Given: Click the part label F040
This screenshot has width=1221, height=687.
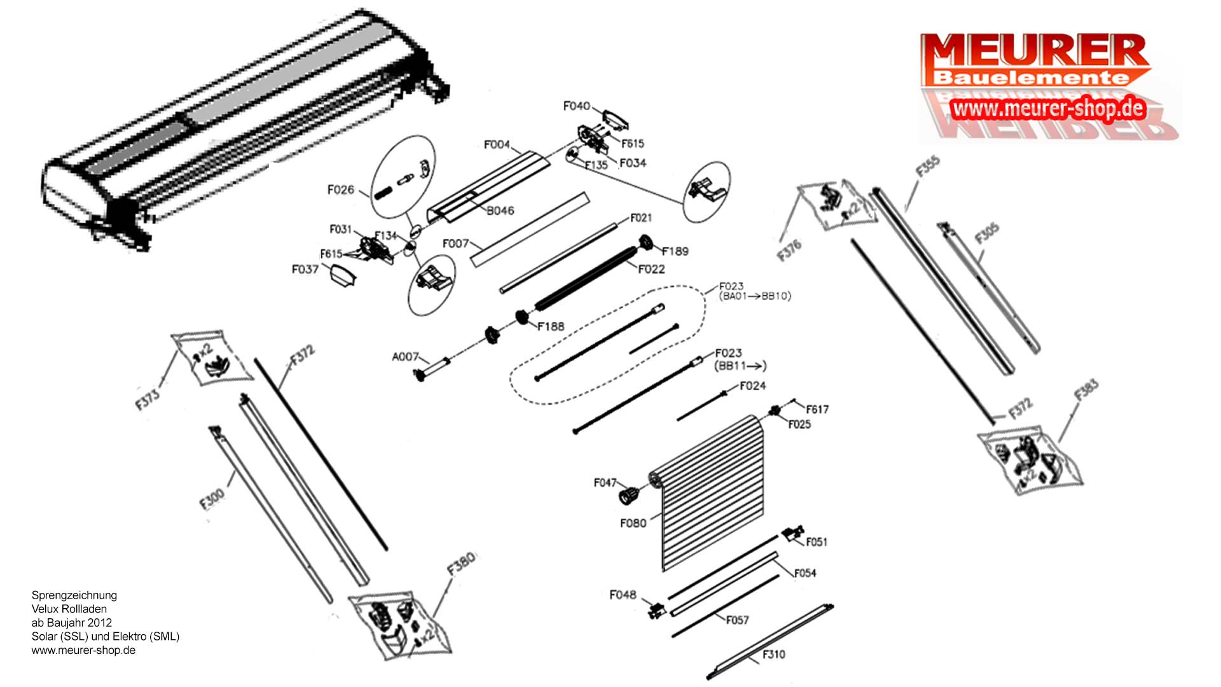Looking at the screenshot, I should pyautogui.click(x=576, y=106).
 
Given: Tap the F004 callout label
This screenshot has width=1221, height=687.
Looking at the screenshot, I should pyautogui.click(x=497, y=145).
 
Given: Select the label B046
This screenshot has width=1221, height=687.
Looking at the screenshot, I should pyautogui.click(x=500, y=211).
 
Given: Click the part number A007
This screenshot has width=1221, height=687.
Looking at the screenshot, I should pyautogui.click(x=405, y=357).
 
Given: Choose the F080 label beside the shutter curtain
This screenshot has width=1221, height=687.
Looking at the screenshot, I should pyautogui.click(x=633, y=523).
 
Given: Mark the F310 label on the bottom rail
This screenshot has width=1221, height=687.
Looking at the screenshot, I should pyautogui.click(x=773, y=654).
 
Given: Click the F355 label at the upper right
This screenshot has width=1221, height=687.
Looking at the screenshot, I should pyautogui.click(x=927, y=167).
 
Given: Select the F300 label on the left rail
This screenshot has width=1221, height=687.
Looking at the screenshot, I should pyautogui.click(x=212, y=499).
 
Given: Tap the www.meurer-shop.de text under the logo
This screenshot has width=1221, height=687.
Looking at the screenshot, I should pyautogui.click(x=1048, y=109).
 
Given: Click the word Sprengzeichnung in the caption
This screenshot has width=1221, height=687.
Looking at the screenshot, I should pyautogui.click(x=74, y=595).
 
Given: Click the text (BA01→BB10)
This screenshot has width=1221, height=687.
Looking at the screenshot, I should pyautogui.click(x=755, y=296).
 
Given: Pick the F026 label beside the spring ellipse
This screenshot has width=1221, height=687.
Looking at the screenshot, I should pyautogui.click(x=340, y=190).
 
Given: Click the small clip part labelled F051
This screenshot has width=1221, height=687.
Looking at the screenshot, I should pyautogui.click(x=792, y=534).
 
